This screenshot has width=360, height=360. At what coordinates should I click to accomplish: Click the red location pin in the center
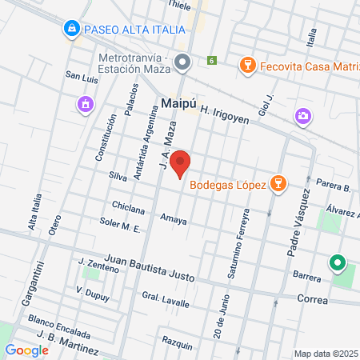point(181,163)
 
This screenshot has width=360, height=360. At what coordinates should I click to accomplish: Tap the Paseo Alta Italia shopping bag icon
point(72,30)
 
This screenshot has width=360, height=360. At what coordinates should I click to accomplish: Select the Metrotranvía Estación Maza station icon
point(182,62)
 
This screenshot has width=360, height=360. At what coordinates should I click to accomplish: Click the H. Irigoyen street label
point(225,116)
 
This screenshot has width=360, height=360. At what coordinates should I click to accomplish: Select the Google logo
point(26,350)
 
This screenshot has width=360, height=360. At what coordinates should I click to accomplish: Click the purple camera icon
point(302,116)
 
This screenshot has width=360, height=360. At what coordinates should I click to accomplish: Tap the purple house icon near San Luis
point(85,104)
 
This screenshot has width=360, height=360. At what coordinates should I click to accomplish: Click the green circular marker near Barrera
point(338,262)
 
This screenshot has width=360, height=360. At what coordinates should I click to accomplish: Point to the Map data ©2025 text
point(324,354)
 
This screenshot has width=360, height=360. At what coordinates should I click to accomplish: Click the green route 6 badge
point(211,61)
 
